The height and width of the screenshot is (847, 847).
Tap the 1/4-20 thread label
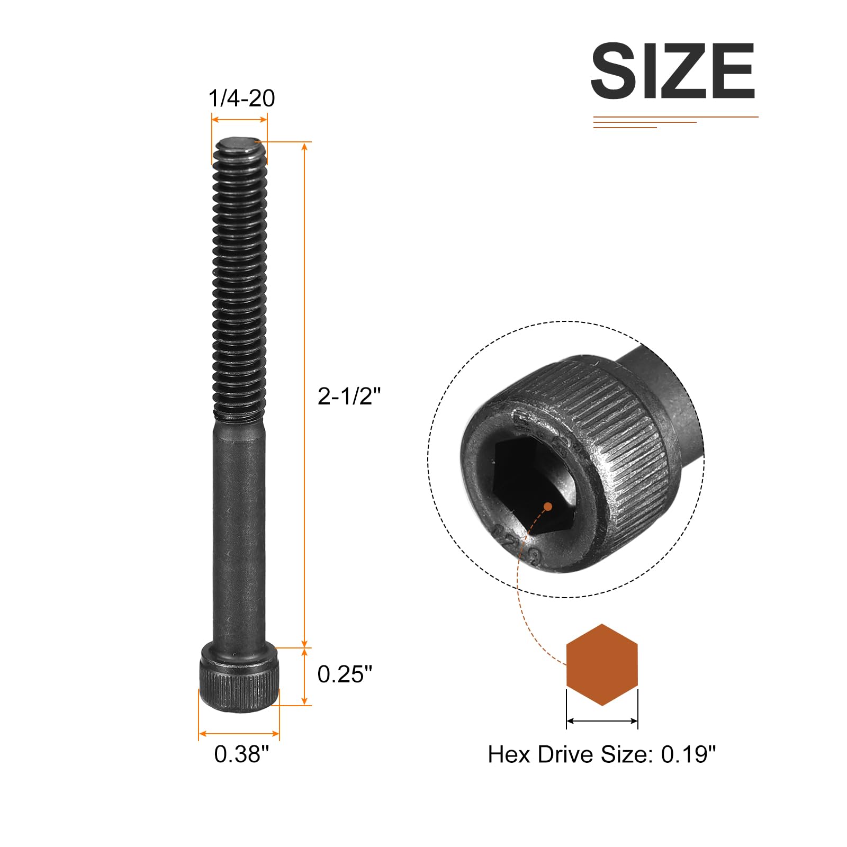click(x=241, y=98)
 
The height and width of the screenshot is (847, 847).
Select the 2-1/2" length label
click(x=349, y=396)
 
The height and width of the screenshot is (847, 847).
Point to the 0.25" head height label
click(x=345, y=674)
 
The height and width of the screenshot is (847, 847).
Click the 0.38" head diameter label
click(x=241, y=754)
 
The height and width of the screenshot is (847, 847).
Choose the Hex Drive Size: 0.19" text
click(x=601, y=754)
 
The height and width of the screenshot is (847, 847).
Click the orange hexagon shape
click(x=602, y=664)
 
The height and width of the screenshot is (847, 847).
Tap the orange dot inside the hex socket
click(x=548, y=507)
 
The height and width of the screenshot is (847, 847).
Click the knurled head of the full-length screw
click(x=239, y=677)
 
